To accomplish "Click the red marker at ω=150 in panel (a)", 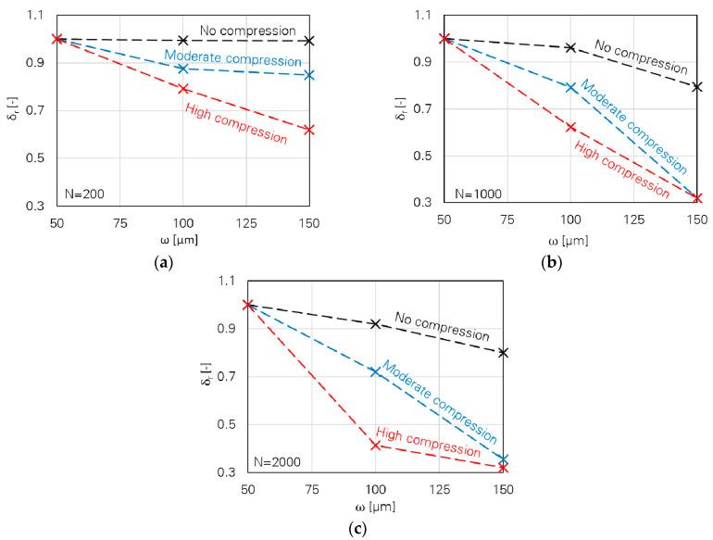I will coord(309,130).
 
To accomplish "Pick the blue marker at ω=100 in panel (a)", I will coord(183,69).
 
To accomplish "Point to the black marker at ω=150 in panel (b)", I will coord(697,87).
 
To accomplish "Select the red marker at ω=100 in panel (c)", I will coord(375,446).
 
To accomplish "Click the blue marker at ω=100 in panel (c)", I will coord(375,371).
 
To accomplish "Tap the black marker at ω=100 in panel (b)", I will coord(570,47).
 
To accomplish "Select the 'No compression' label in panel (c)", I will coord(442,326).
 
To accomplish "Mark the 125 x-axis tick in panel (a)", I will coord(246,222).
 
